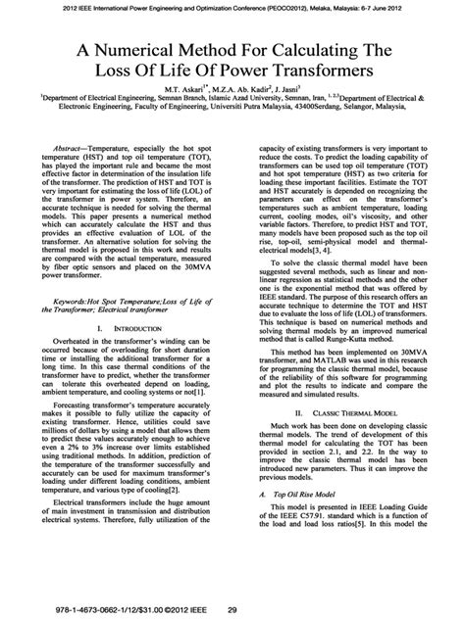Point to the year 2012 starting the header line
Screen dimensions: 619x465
coord(72,9)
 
